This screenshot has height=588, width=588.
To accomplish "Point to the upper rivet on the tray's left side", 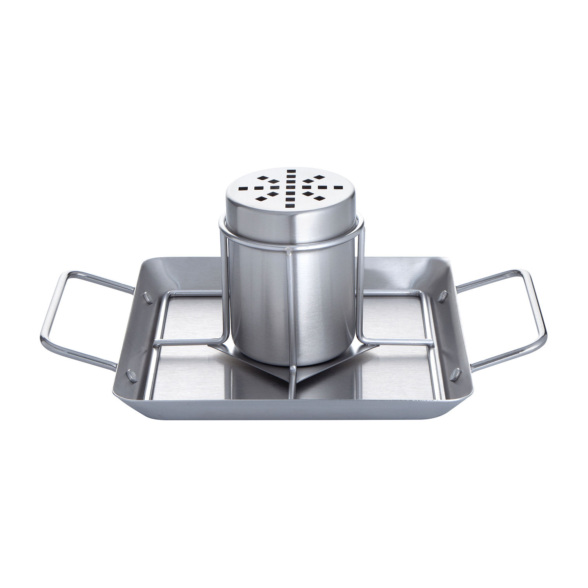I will (x=148, y=298).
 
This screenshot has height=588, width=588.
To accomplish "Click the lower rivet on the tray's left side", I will (x=131, y=376).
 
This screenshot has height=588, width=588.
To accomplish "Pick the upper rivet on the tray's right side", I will (x=442, y=296).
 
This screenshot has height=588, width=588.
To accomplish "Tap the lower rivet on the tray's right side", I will (x=456, y=375).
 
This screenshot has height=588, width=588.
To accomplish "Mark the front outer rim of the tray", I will (x=294, y=412).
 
